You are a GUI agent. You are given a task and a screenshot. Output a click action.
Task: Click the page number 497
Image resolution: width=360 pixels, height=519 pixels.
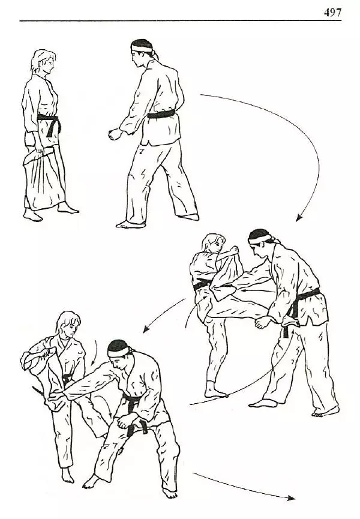(332, 12)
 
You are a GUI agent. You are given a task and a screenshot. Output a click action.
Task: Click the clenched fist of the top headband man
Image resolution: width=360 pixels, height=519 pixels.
(115, 134)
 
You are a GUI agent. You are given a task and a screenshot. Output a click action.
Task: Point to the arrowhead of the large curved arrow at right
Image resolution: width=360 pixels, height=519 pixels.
(299, 217)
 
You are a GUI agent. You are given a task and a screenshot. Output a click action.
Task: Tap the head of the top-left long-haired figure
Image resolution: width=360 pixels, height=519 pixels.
(43, 62)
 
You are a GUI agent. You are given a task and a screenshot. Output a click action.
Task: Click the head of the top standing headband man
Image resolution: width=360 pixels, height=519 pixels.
(142, 53)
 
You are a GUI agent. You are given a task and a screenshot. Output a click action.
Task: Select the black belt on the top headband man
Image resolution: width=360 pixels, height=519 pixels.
(161, 115)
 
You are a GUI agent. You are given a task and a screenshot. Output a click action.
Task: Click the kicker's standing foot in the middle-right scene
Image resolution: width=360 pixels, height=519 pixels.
(215, 391)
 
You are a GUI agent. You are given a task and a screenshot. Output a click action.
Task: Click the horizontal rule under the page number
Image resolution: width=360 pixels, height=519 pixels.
(181, 21)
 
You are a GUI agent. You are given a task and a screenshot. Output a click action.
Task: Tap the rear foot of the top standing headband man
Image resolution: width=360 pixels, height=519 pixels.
(188, 217)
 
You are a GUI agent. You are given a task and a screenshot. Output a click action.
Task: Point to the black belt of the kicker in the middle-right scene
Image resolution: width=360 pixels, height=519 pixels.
(203, 284)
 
